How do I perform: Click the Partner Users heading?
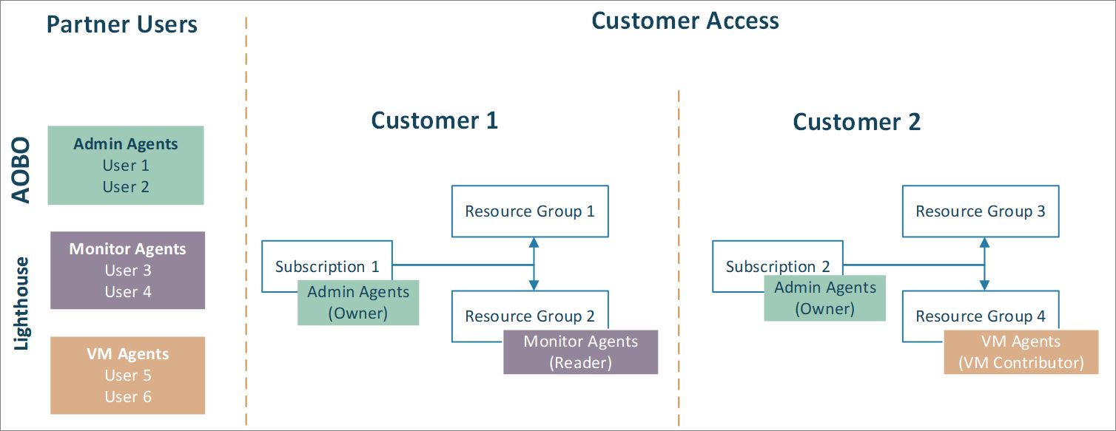point(122,25)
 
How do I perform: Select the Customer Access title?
point(685,21)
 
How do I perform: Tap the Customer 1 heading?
point(434,120)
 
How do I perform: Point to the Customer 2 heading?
point(856,122)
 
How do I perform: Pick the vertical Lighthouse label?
point(22,303)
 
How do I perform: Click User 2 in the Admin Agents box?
point(126,187)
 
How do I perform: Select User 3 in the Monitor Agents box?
point(127,271)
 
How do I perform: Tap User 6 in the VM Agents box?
point(127,397)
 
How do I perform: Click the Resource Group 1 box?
point(530,211)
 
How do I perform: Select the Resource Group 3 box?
point(980,211)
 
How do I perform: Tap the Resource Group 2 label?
point(530,316)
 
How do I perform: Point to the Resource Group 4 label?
point(980,316)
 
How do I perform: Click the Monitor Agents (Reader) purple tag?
point(580,352)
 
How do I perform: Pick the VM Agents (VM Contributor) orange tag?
point(1021,352)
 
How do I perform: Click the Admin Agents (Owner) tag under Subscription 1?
point(358,302)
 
